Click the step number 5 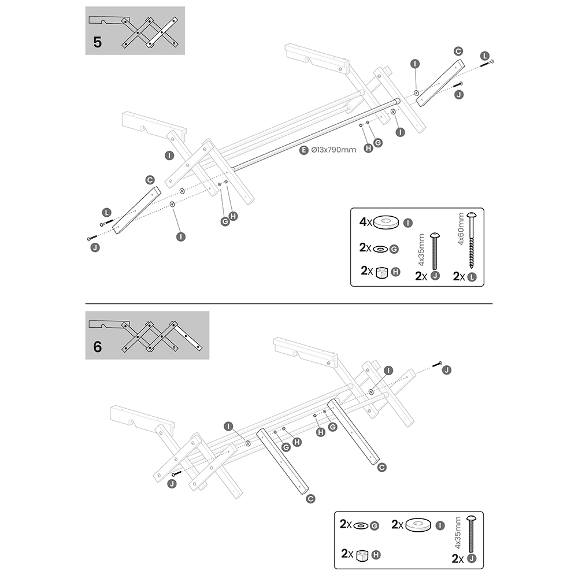coord(97,43)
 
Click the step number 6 coord(97,347)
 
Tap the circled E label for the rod coord(304,151)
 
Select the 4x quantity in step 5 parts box coord(365,221)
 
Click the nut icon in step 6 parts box coord(362,555)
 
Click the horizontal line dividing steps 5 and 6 coord(289,303)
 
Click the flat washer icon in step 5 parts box coord(381,249)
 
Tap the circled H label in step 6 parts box coord(377,555)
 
